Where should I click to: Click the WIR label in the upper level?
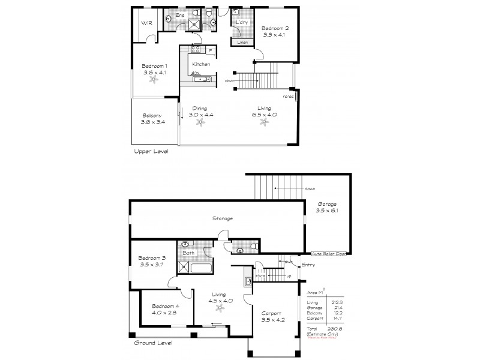pyautogui.click(x=146, y=23)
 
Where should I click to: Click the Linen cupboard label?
pyautogui.click(x=242, y=43)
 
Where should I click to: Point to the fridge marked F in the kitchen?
pyautogui.click(x=210, y=50)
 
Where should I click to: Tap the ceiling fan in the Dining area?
pyautogui.click(x=200, y=122)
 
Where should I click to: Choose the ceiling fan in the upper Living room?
pyautogui.click(x=264, y=122)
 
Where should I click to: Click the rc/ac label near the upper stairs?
pyautogui.click(x=288, y=97)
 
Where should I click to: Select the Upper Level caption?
pyautogui.click(x=151, y=152)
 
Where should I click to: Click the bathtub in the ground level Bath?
pyautogui.click(x=196, y=268)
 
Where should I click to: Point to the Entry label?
pyautogui.click(x=308, y=265)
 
